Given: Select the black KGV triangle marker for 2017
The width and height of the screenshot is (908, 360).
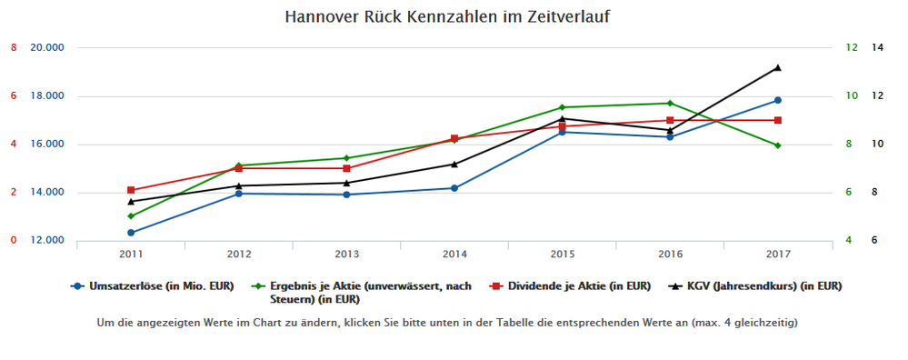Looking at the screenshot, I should [x=778, y=67].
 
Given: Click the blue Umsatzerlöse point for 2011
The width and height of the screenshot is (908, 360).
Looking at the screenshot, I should [x=131, y=233].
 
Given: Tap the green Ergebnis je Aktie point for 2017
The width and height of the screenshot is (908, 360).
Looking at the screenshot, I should [x=778, y=145].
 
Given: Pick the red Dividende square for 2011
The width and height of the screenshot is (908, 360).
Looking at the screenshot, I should [x=131, y=190].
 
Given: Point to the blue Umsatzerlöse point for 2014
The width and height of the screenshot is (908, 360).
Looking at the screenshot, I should [x=454, y=188].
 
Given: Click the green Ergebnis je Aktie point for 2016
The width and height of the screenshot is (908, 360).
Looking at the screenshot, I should [x=670, y=103].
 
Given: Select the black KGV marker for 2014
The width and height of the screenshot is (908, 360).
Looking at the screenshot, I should [x=454, y=164].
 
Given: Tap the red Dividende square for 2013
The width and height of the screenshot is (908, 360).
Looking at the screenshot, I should [x=346, y=168].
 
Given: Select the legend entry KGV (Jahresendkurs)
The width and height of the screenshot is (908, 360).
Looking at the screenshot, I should [x=757, y=286].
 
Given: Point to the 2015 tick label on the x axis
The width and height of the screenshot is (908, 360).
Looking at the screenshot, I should [x=562, y=253].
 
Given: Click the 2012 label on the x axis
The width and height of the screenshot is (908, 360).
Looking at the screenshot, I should [x=238, y=253].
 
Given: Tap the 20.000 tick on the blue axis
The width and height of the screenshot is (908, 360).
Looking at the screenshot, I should [x=47, y=47].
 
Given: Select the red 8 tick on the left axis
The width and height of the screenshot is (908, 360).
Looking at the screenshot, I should [x=14, y=47].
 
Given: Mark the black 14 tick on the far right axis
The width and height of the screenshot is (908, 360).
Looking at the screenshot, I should [x=877, y=47].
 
